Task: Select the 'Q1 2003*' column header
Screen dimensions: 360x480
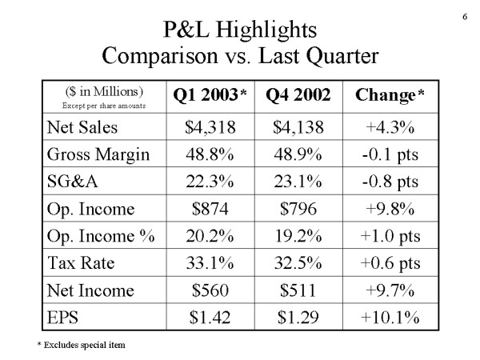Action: pyautogui.click(x=210, y=95)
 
